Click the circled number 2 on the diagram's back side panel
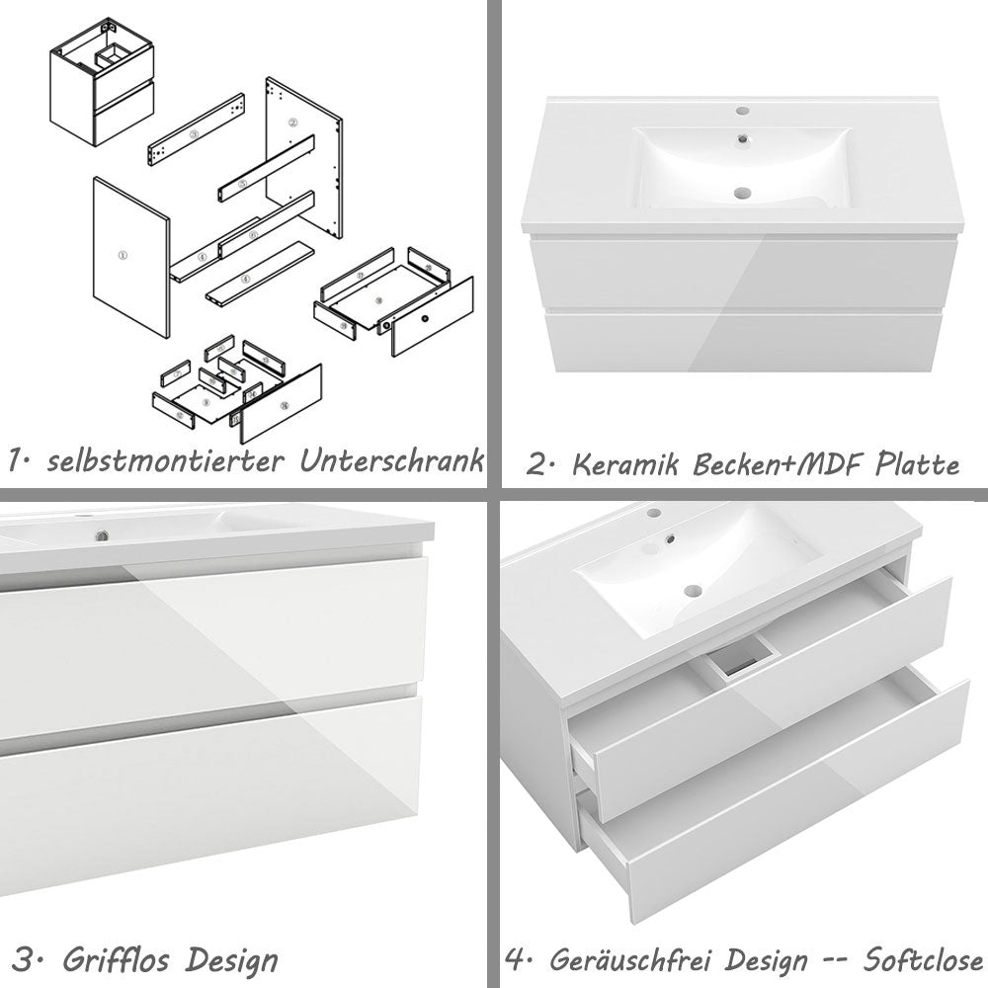pos(292,123)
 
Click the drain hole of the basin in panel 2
pos(742,193)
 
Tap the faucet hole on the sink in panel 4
pos(652,514)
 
